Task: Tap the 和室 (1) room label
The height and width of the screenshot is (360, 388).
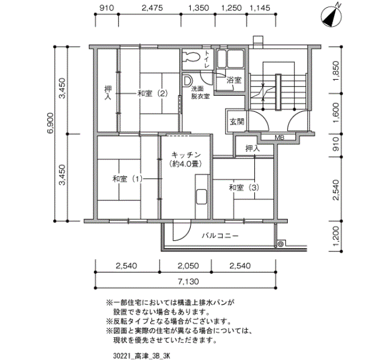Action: click(x=127, y=179)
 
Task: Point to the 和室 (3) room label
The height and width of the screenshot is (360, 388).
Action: click(x=244, y=188)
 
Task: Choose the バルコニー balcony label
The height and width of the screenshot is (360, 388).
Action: click(x=220, y=235)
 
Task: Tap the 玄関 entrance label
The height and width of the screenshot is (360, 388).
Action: click(x=236, y=122)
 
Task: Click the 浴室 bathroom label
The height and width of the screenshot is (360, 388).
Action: click(x=234, y=80)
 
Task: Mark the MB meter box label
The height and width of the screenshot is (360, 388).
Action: click(x=279, y=137)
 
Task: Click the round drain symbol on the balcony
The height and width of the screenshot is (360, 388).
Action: click(x=280, y=244)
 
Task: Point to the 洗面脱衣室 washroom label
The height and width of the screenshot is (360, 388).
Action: click(x=200, y=92)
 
